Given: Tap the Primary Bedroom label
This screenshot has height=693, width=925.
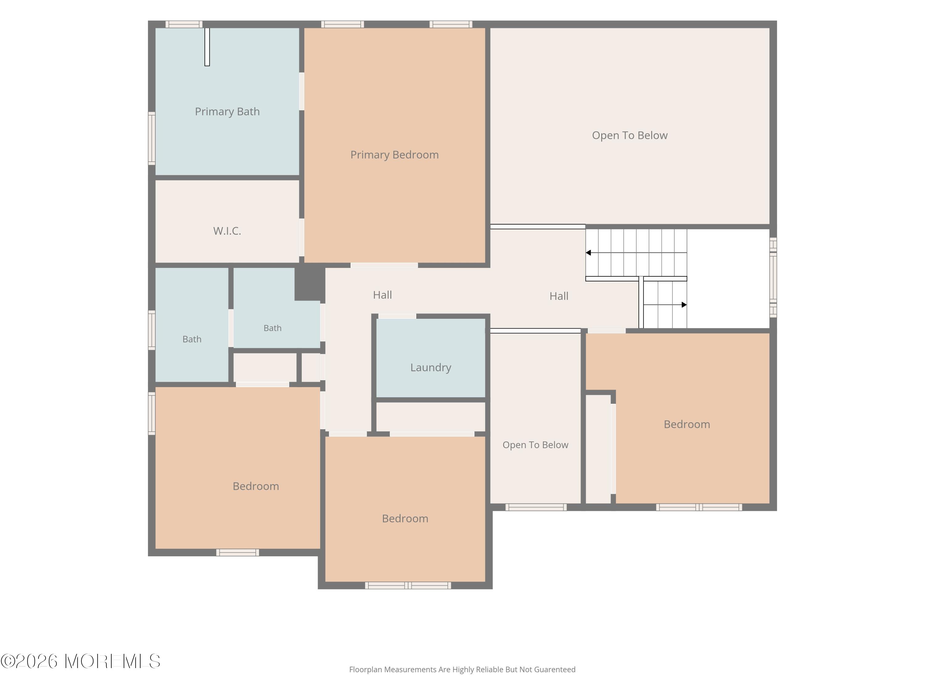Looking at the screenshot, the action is pyautogui.click(x=394, y=155).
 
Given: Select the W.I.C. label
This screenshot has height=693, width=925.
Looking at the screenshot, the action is pyautogui.click(x=227, y=231).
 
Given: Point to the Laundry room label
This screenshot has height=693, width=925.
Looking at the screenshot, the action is pyautogui.click(x=431, y=367).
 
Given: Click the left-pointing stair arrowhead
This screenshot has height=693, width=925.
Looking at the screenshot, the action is pyautogui.click(x=588, y=253).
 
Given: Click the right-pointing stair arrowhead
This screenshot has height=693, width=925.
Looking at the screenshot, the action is pyautogui.click(x=684, y=305).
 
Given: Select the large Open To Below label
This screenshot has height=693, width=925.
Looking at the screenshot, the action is pyautogui.click(x=630, y=135).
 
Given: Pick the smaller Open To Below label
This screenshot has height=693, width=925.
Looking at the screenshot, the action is pyautogui.click(x=535, y=445).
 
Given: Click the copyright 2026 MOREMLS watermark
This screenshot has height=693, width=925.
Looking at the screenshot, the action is pyautogui.click(x=80, y=661).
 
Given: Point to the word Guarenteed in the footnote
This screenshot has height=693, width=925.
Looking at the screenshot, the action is pyautogui.click(x=555, y=670).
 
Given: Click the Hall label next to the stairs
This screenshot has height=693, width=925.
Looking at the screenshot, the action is pyautogui.click(x=559, y=296).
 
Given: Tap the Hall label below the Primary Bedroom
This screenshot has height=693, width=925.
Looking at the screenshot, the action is pyautogui.click(x=382, y=295).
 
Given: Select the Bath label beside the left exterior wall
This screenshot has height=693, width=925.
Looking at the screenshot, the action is pyautogui.click(x=192, y=339).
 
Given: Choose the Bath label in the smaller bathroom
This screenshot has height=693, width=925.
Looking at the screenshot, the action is pyautogui.click(x=272, y=328).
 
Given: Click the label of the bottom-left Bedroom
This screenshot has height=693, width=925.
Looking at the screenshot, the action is pyautogui.click(x=256, y=486).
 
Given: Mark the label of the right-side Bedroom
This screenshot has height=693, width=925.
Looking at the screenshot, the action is pyautogui.click(x=687, y=424).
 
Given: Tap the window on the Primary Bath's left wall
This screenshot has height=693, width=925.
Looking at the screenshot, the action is pyautogui.click(x=152, y=138).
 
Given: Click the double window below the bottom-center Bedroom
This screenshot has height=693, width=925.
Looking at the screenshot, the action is pyautogui.click(x=408, y=586).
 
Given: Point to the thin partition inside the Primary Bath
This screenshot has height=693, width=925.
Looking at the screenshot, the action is pyautogui.click(x=207, y=47).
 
